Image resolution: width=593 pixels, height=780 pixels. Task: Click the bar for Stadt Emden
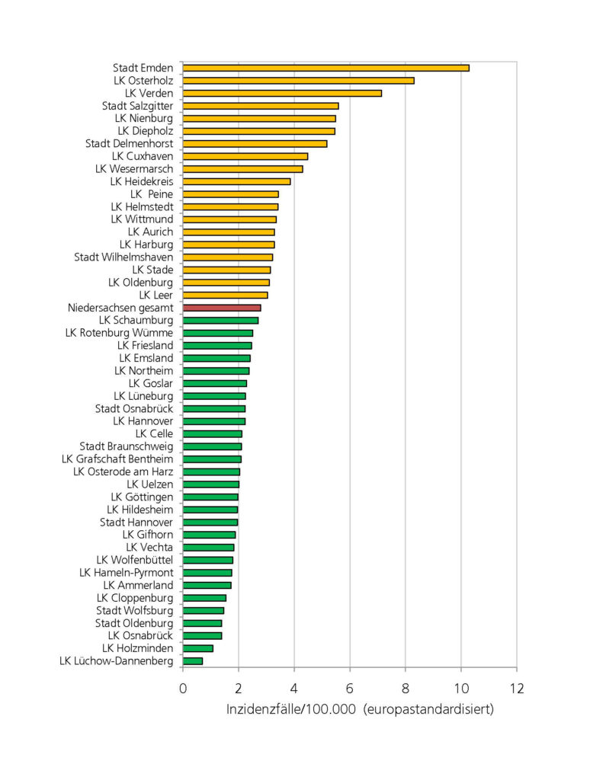325,68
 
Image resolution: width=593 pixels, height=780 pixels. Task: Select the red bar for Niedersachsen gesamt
222,308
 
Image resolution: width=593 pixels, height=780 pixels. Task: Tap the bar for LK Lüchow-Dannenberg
193,661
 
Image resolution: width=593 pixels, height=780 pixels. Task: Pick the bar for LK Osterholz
298,81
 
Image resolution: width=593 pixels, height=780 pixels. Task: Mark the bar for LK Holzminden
198,648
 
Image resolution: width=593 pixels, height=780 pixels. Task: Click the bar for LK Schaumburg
220,321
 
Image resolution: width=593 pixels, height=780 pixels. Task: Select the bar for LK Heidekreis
236,181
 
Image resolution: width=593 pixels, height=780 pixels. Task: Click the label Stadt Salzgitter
137,106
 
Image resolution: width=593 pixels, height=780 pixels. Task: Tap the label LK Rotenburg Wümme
119,333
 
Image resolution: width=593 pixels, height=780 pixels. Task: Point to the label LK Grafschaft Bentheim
117,459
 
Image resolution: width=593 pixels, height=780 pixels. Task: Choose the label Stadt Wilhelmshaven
123,257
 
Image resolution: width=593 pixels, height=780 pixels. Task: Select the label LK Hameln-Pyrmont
126,573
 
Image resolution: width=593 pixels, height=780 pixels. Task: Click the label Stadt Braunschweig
126,446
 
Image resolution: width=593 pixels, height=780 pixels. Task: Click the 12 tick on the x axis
516,689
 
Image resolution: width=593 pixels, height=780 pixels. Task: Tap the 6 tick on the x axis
350,689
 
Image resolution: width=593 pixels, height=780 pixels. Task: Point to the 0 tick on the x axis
183,689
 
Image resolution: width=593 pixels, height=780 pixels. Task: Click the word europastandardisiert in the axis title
429,710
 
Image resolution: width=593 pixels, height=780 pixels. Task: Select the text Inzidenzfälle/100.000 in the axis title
291,710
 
